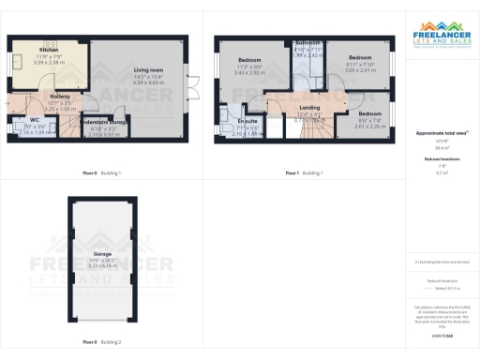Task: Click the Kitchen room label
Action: pos(49,50)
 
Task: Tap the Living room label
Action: pos(147,70)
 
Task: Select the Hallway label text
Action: pos(53,95)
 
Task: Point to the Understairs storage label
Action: pos(105,122)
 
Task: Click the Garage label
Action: pos(102,253)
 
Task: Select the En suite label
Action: pos(247,122)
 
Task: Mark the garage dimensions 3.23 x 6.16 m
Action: pos(102,266)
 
